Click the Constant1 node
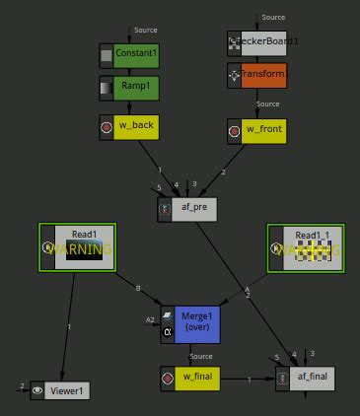(x=129, y=54)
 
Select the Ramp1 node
(x=129, y=87)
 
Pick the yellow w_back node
(x=129, y=126)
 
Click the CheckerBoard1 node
(x=256, y=42)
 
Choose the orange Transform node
(x=256, y=74)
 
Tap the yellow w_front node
(x=256, y=129)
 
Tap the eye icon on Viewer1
(x=37, y=390)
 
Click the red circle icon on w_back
(x=107, y=126)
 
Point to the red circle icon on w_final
(x=168, y=378)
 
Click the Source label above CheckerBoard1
(x=273, y=18)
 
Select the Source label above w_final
(x=201, y=357)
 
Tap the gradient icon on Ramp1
(x=107, y=87)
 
